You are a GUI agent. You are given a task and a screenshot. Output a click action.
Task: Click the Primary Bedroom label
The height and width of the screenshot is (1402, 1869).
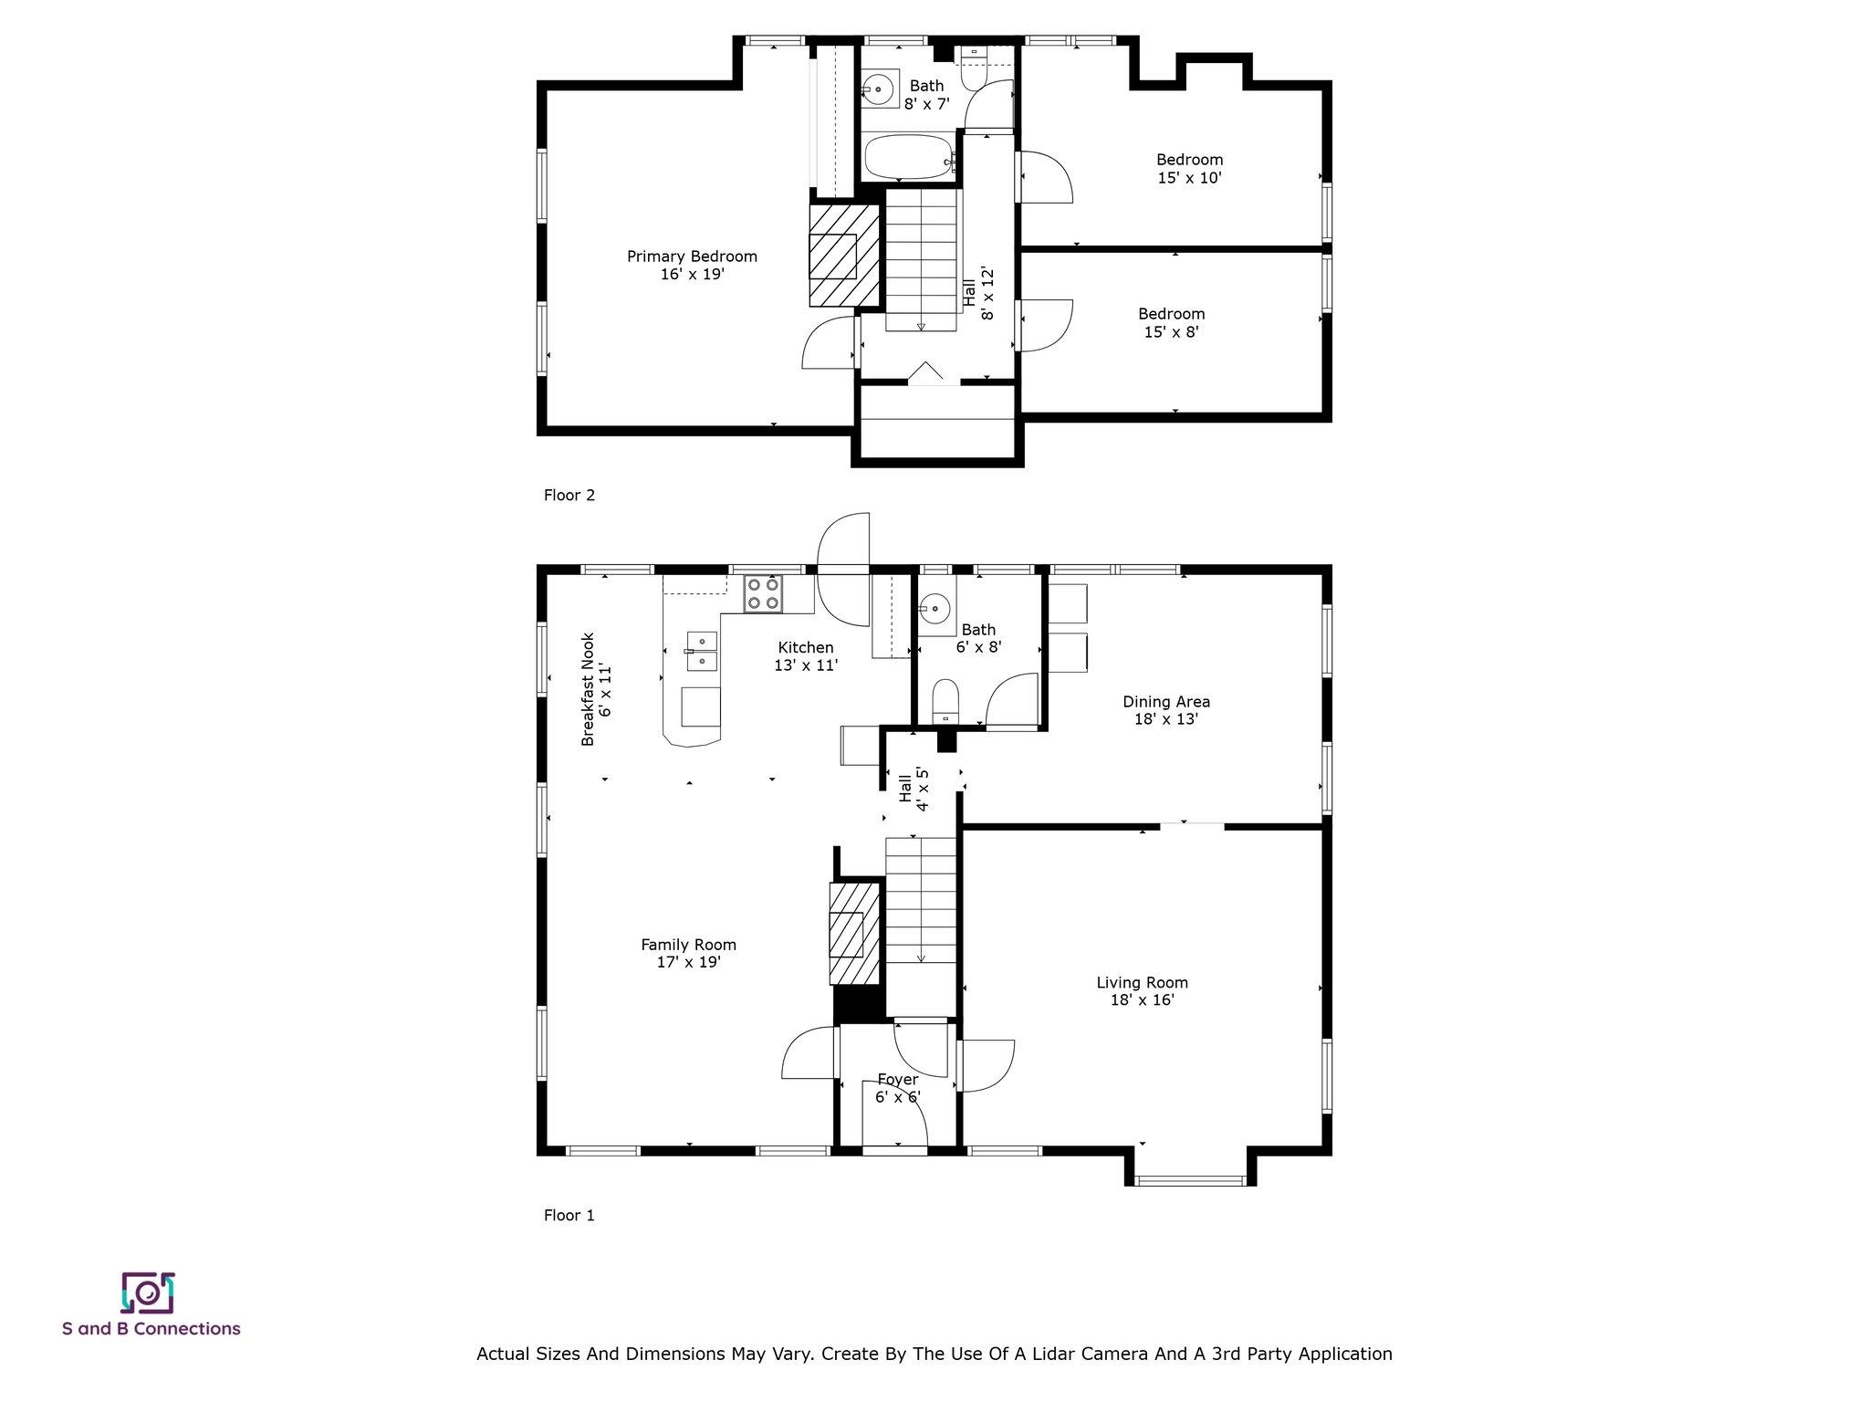[692, 256]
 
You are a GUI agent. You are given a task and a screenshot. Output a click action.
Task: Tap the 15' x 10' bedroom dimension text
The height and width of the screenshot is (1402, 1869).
[1189, 178]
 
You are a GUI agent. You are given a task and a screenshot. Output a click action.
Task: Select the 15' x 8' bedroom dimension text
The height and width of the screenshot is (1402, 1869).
[1171, 332]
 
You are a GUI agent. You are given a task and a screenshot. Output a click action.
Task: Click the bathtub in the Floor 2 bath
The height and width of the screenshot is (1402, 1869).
[909, 157]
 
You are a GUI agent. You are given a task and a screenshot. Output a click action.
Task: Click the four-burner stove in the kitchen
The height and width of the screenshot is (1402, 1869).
[763, 593]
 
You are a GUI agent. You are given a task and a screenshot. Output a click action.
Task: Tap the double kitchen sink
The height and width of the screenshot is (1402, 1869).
[702, 651]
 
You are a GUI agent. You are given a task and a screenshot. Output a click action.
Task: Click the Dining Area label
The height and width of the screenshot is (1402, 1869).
[1165, 701]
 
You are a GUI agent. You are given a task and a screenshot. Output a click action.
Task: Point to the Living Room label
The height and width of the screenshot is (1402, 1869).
[1142, 982]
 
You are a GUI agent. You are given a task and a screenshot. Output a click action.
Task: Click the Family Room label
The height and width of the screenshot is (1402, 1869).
[688, 945]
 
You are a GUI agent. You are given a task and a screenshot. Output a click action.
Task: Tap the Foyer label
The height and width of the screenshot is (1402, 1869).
[898, 1080]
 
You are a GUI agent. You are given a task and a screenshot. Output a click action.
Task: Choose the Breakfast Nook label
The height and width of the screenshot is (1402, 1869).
[588, 689]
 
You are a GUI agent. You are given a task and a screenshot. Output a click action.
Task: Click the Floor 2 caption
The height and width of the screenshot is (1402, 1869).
[569, 496]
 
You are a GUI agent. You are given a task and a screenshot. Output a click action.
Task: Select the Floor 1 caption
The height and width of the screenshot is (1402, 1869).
[569, 1215]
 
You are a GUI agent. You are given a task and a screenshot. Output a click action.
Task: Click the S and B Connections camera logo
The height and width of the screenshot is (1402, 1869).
[147, 1292]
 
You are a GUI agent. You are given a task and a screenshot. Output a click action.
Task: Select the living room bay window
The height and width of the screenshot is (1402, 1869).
[1190, 1180]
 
